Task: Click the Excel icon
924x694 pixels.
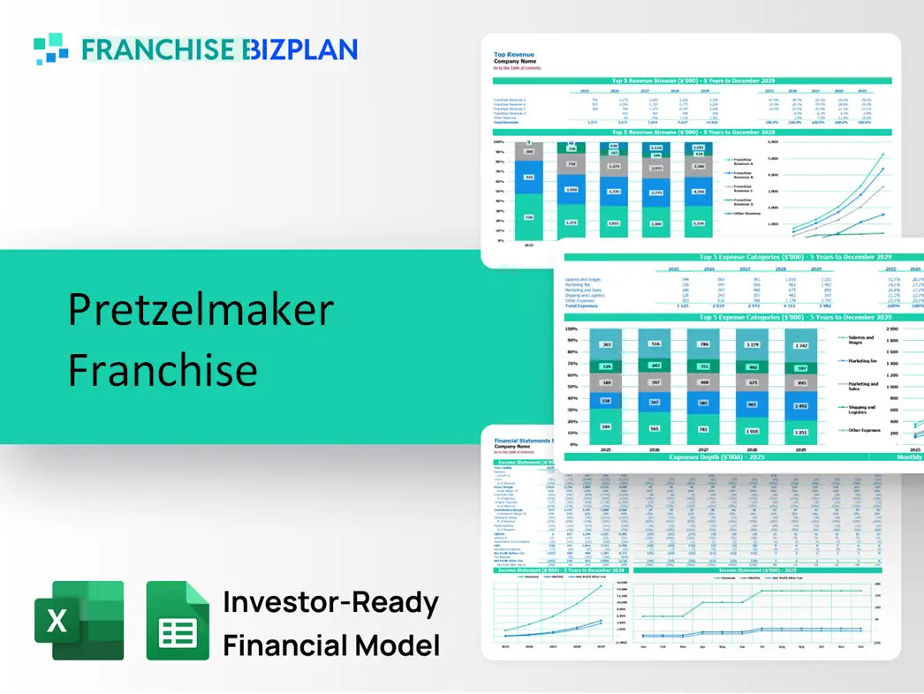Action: [79, 620]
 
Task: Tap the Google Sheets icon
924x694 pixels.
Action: [178, 620]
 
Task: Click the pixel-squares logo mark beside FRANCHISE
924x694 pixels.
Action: [50, 49]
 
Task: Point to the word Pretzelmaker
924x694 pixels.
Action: [201, 310]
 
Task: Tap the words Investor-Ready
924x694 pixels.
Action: [330, 603]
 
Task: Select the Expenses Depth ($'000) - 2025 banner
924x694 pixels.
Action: [715, 457]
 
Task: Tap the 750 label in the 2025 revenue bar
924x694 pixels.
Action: [528, 217]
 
